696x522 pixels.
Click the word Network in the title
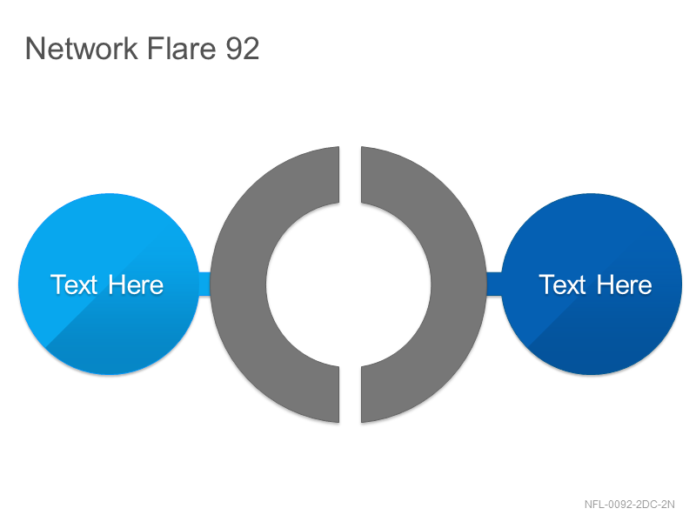(x=81, y=48)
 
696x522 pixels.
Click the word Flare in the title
(x=181, y=48)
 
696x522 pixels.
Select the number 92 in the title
(x=243, y=48)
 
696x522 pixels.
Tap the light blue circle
(x=109, y=284)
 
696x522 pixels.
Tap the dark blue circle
(x=592, y=284)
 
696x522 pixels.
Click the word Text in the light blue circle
(x=74, y=284)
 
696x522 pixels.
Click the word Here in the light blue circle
(x=136, y=284)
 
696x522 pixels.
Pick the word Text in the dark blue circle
(x=562, y=284)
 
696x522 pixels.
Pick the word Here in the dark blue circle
(x=624, y=284)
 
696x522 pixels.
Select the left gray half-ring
(x=238, y=284)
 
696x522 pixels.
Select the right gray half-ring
(x=458, y=284)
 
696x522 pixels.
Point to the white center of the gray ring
(x=349, y=284)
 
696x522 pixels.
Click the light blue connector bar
(x=204, y=284)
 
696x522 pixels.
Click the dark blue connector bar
(x=494, y=284)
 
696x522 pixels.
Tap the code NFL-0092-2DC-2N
(x=629, y=505)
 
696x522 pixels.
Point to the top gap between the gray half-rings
(x=351, y=175)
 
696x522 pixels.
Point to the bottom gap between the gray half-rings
(x=351, y=395)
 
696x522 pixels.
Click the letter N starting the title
(x=34, y=48)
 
